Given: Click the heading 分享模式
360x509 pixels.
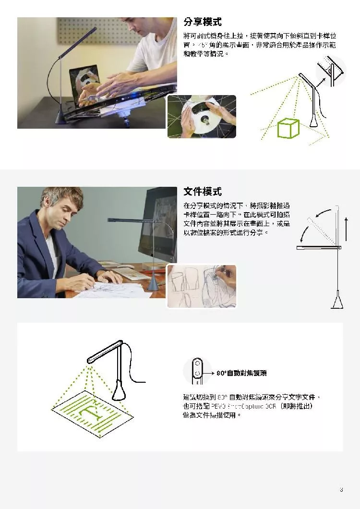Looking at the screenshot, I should click(202, 22).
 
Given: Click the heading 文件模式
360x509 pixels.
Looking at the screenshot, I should click(202, 192).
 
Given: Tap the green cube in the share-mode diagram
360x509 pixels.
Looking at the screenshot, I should click(288, 128).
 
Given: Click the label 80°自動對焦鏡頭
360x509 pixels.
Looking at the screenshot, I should click(241, 373).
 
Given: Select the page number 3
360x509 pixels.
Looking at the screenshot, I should click(341, 490).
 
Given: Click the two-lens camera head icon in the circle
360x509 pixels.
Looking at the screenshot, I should click(197, 372).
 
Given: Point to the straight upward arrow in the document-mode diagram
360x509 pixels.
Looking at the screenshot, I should click(346, 228).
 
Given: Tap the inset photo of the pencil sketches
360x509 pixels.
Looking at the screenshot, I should click(202, 286).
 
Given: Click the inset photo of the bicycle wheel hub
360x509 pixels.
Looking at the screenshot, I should click(202, 116).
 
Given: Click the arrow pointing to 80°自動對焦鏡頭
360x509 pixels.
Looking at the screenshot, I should click(208, 373).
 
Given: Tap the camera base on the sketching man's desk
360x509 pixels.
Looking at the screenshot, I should click(154, 284).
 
